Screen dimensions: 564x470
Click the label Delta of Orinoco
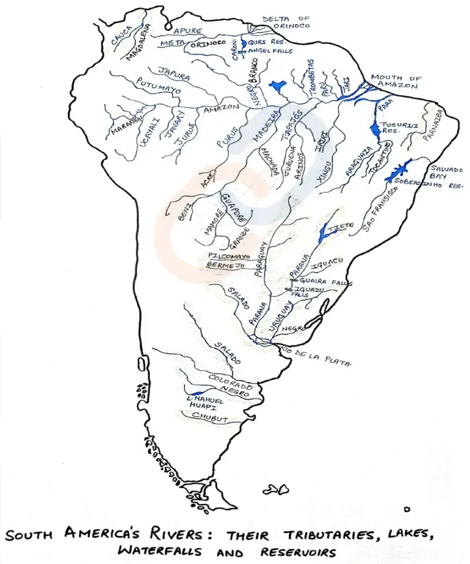click(x=285, y=22)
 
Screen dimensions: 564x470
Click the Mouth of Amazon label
click(x=394, y=82)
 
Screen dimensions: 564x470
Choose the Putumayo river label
click(x=158, y=88)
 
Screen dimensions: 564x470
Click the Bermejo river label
click(x=225, y=265)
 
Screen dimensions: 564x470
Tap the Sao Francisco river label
click(x=380, y=210)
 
